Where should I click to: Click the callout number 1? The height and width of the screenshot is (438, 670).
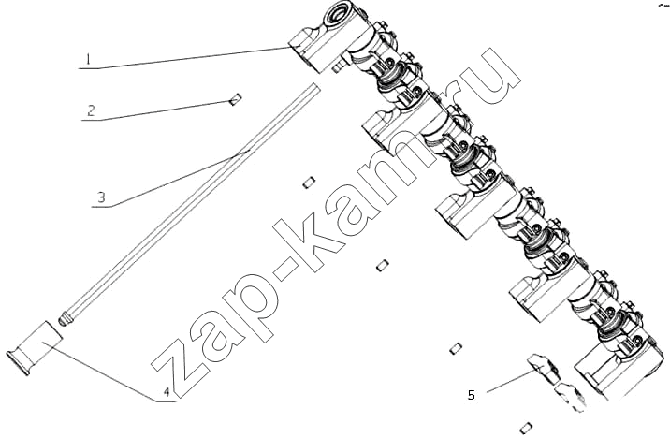tap(88, 59)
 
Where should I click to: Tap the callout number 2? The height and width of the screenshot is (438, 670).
tap(91, 110)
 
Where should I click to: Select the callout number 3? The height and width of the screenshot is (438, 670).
tap(101, 197)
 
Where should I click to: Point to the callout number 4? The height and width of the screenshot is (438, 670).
tap(167, 391)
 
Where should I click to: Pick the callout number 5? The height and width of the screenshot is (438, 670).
tap(472, 395)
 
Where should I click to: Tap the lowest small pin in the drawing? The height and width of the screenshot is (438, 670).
tap(527, 427)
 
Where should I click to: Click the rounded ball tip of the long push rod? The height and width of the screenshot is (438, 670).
tap(65, 319)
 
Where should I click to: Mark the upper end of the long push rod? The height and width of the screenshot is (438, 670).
tap(315, 89)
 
